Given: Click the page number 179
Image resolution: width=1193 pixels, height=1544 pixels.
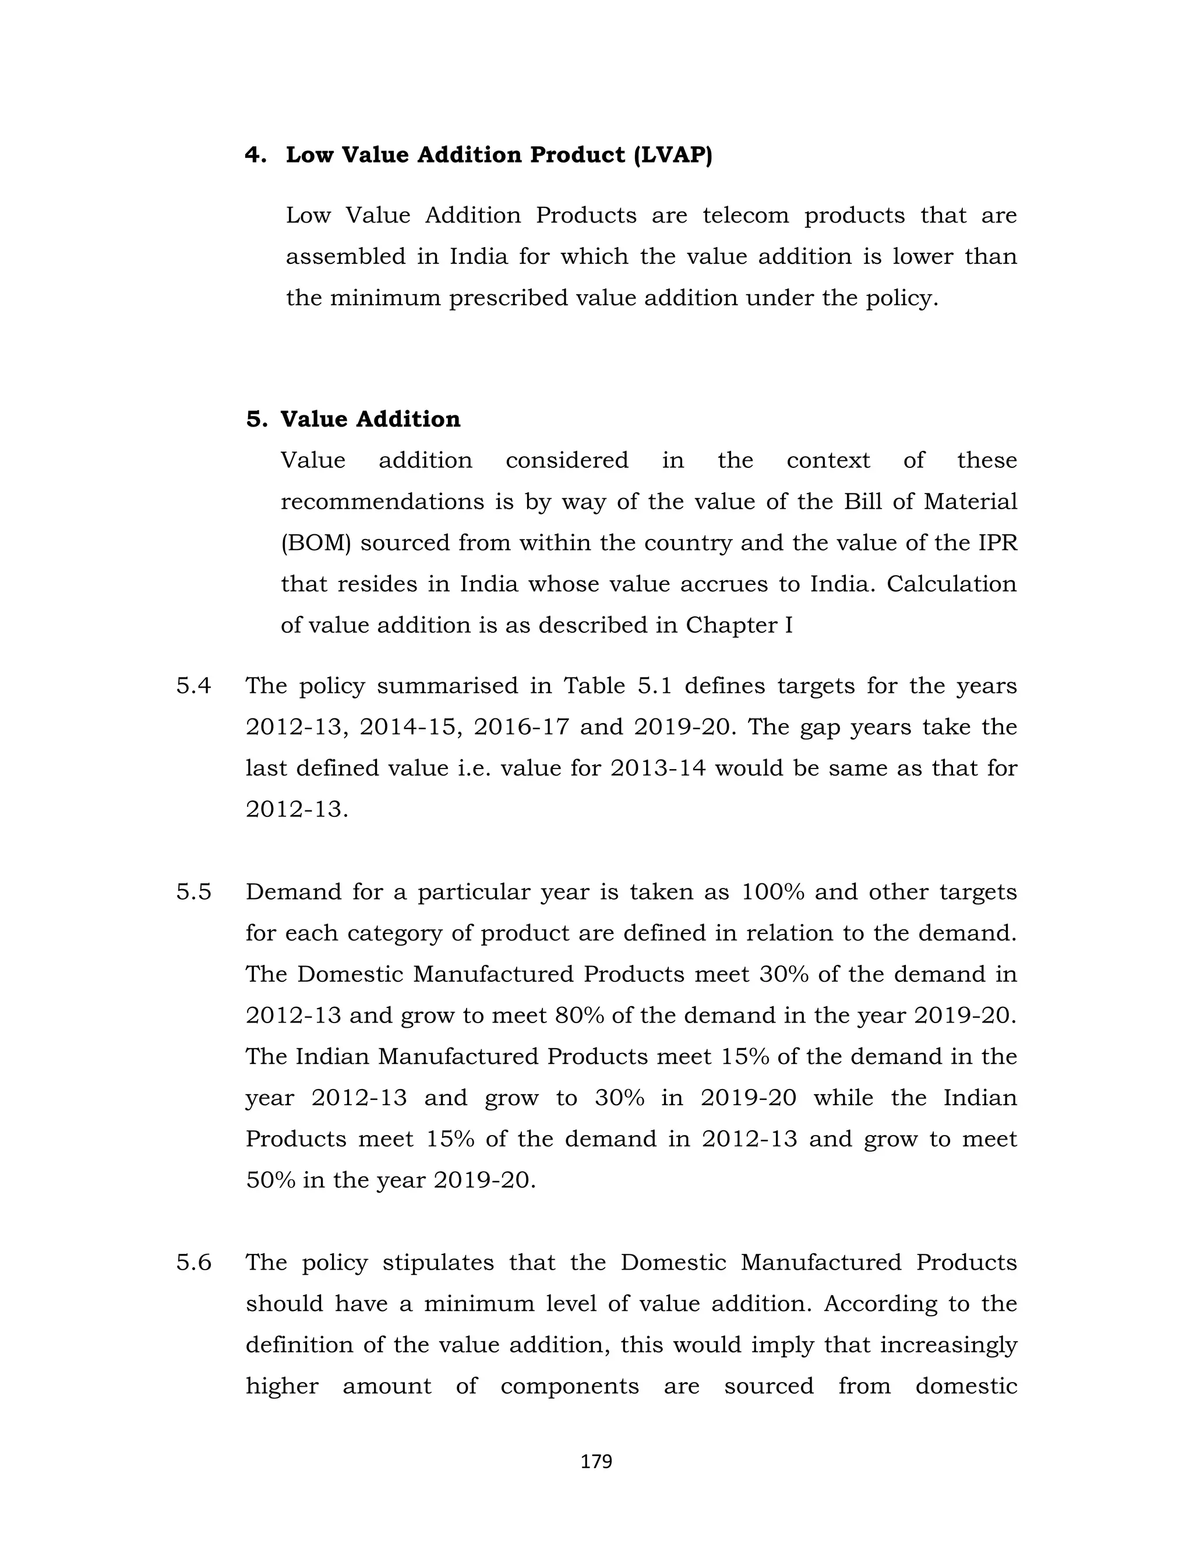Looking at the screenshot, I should click(596, 1461).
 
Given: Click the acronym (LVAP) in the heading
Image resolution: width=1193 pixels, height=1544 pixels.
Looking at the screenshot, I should click(673, 155).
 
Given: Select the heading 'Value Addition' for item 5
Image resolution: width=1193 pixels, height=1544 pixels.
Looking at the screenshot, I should click(370, 420).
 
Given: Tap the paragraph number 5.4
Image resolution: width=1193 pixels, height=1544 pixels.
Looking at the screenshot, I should click(193, 686).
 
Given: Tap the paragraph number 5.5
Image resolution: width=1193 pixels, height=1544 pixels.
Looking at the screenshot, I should click(193, 892).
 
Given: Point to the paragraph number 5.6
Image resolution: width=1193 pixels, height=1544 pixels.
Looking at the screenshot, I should click(193, 1263).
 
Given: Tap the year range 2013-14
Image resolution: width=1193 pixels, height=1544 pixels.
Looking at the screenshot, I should click(658, 769).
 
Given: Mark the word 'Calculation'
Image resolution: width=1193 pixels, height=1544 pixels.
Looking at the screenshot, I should click(951, 584).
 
